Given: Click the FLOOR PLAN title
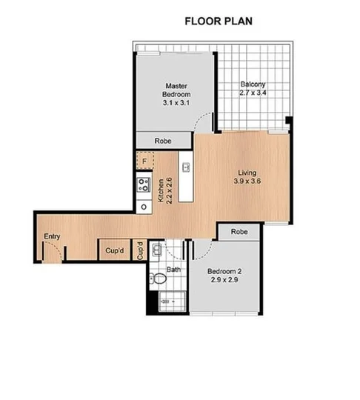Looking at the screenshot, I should [x=219, y=21].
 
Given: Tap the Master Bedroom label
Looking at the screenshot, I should [x=177, y=90].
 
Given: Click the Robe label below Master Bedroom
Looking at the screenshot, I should [x=163, y=141].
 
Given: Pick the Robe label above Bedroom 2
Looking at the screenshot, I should [x=239, y=231].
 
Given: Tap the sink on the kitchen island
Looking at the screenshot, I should [x=187, y=167].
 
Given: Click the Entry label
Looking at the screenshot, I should [x=51, y=237].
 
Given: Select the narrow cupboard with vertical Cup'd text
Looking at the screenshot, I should [x=139, y=252].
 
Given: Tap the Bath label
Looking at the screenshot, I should [x=174, y=270].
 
